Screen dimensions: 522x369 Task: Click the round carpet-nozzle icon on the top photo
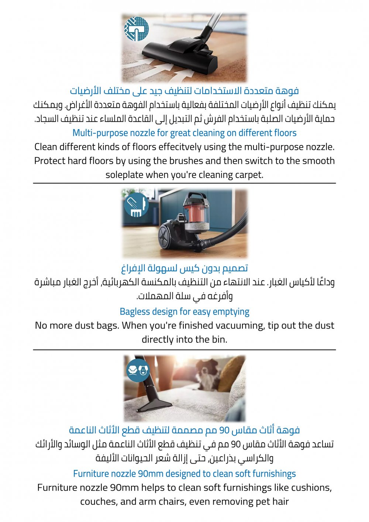coord(137,28)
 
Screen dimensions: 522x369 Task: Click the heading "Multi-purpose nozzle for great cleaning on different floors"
coord(184,133)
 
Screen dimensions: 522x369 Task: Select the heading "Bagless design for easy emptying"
coord(184,312)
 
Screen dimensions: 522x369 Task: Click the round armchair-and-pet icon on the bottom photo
coord(138,369)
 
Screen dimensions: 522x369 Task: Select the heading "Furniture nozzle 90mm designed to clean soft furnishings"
coord(184,474)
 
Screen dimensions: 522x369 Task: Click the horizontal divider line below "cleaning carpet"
coord(184,183)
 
